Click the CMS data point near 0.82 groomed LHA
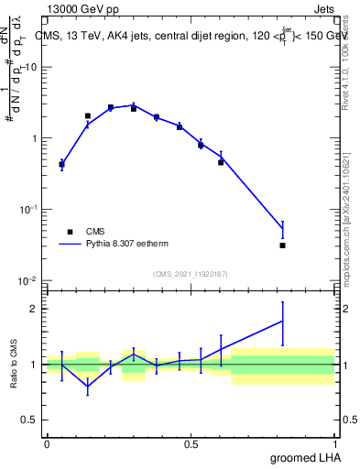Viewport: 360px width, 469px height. click(282, 245)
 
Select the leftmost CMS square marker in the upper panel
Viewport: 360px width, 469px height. click(61, 165)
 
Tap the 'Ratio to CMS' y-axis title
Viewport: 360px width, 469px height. click(14, 364)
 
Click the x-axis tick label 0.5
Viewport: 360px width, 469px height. click(191, 443)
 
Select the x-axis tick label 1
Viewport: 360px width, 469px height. click(336, 443)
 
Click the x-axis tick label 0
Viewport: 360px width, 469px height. click(47, 443)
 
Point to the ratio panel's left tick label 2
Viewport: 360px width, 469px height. click(38, 309)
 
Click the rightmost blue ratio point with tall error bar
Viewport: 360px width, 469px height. click(282, 321)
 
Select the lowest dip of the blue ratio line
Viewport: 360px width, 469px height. click(88, 387)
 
